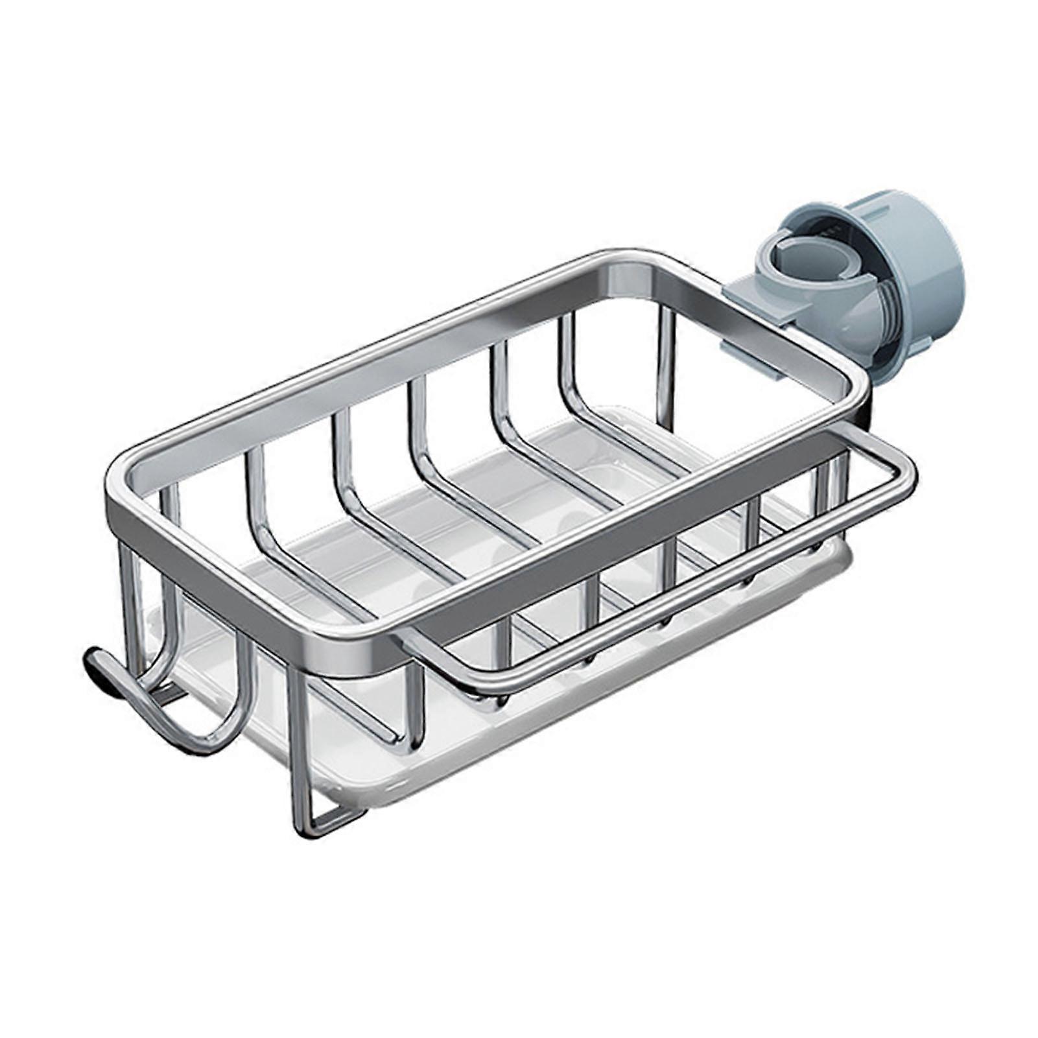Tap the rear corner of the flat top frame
pos(622,259)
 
